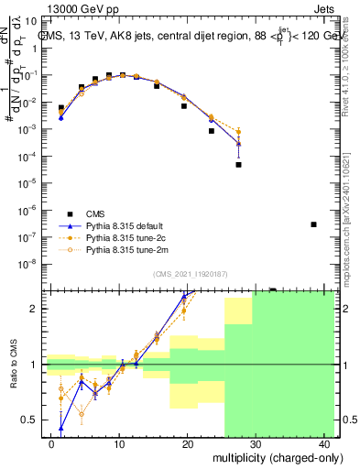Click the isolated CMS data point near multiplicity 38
pyautogui.click(x=313, y=224)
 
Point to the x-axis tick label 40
pyautogui.click(x=324, y=444)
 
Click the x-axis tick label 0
pyautogui.click(x=52, y=444)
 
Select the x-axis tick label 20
pyautogui.click(x=189, y=444)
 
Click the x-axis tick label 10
pyautogui.click(x=120, y=444)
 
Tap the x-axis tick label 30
pyautogui.click(x=256, y=444)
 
